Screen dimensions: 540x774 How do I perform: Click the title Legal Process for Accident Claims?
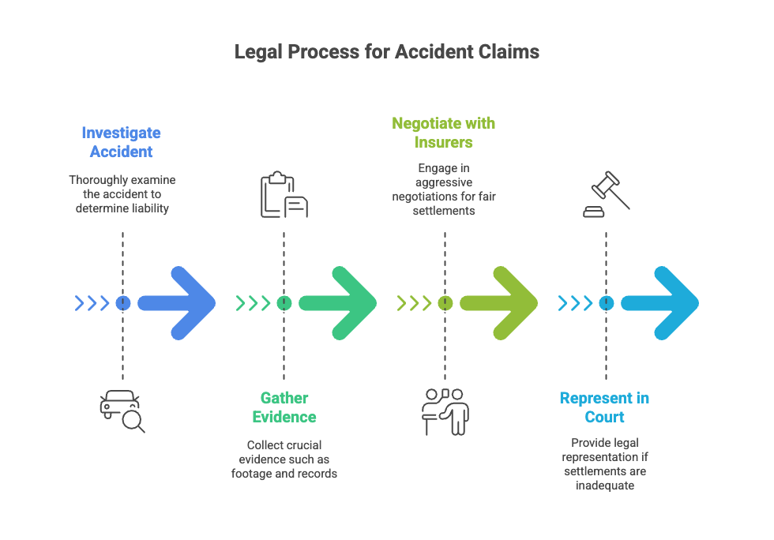coord(387,52)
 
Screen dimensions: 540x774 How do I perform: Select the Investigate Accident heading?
coord(121,142)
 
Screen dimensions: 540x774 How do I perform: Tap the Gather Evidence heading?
coord(284,407)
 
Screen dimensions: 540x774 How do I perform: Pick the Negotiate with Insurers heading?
coord(444,133)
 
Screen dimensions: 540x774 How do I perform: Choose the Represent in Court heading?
coord(604,407)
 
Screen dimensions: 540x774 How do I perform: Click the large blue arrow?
coord(178,302)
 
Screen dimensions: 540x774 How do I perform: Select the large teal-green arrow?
coord(339,302)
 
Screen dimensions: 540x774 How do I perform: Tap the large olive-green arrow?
coord(500,302)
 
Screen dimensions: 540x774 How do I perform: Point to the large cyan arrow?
coord(661,302)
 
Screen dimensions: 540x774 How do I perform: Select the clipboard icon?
coord(284,195)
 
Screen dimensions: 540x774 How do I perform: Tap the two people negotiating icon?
coord(445,411)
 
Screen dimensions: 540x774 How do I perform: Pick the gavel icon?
coord(606,195)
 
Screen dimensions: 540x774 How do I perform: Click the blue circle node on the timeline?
coord(122,302)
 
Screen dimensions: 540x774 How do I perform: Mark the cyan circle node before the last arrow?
coord(606,302)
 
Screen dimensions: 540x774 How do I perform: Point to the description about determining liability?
coord(122,194)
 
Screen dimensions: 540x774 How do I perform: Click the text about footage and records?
coord(284,459)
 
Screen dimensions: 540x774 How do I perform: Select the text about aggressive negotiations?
coord(444,189)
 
